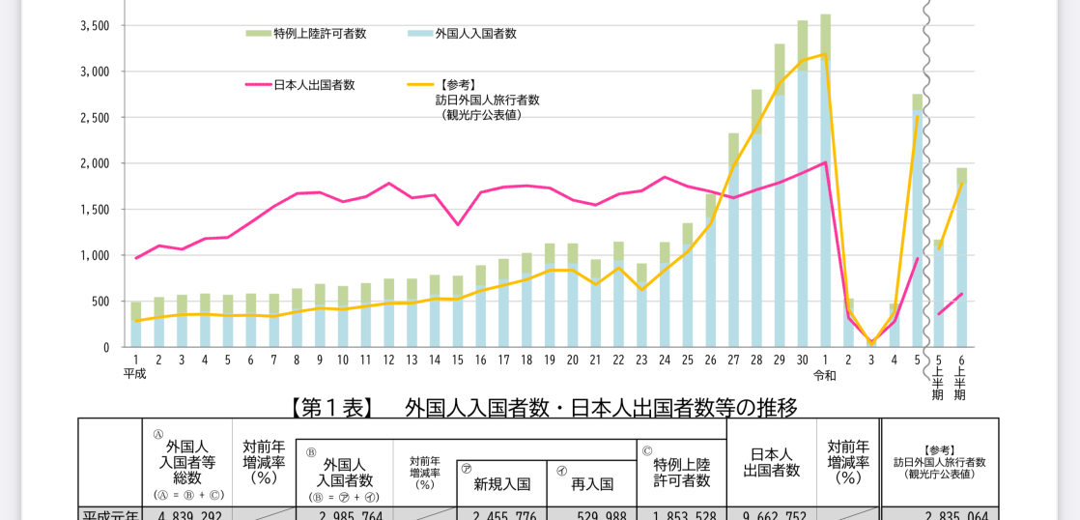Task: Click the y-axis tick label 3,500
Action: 95,26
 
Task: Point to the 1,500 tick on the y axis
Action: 95,210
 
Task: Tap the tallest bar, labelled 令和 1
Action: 825,184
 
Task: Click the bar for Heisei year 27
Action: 733,242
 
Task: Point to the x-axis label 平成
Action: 134,374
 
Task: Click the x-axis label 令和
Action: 824,375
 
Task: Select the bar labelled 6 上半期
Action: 961,261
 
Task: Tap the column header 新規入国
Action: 501,484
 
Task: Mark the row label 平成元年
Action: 110,514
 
